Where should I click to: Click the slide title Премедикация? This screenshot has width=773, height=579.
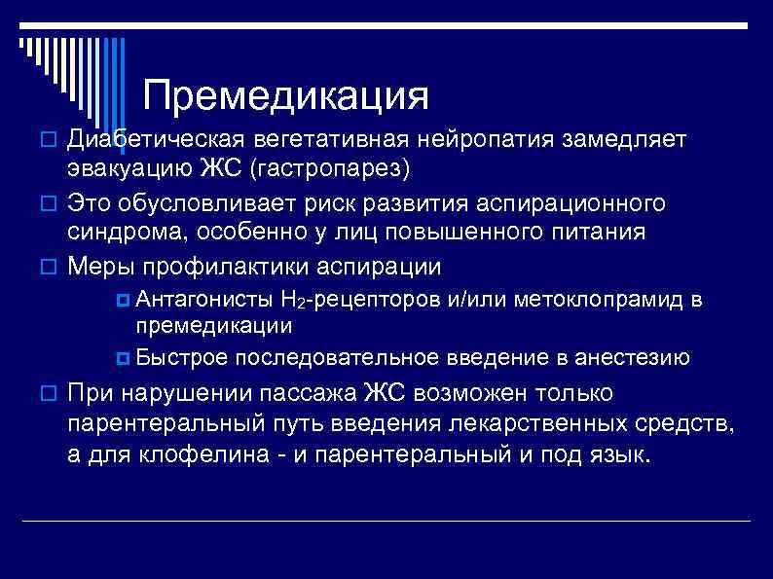[285, 95]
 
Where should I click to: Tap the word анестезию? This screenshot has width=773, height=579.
[633, 357]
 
